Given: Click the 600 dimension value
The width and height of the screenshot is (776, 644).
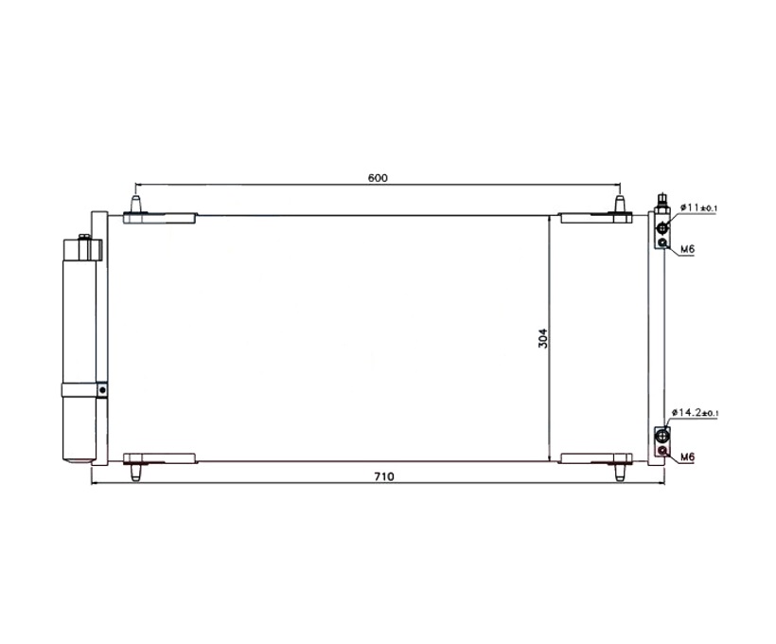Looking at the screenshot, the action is [378, 178].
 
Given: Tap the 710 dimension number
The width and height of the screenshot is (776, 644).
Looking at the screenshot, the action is [384, 476].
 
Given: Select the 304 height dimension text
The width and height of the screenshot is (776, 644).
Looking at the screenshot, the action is [543, 338].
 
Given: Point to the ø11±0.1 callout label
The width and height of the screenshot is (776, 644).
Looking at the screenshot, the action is [698, 207].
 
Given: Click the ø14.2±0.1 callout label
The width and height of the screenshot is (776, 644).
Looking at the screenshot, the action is [696, 412].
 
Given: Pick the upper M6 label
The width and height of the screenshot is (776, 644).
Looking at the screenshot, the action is [687, 249].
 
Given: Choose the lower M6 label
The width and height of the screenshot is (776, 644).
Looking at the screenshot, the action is [687, 456].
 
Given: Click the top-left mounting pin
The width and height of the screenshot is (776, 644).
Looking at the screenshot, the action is [135, 205].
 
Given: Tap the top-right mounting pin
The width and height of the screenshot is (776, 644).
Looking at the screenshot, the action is [619, 205].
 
